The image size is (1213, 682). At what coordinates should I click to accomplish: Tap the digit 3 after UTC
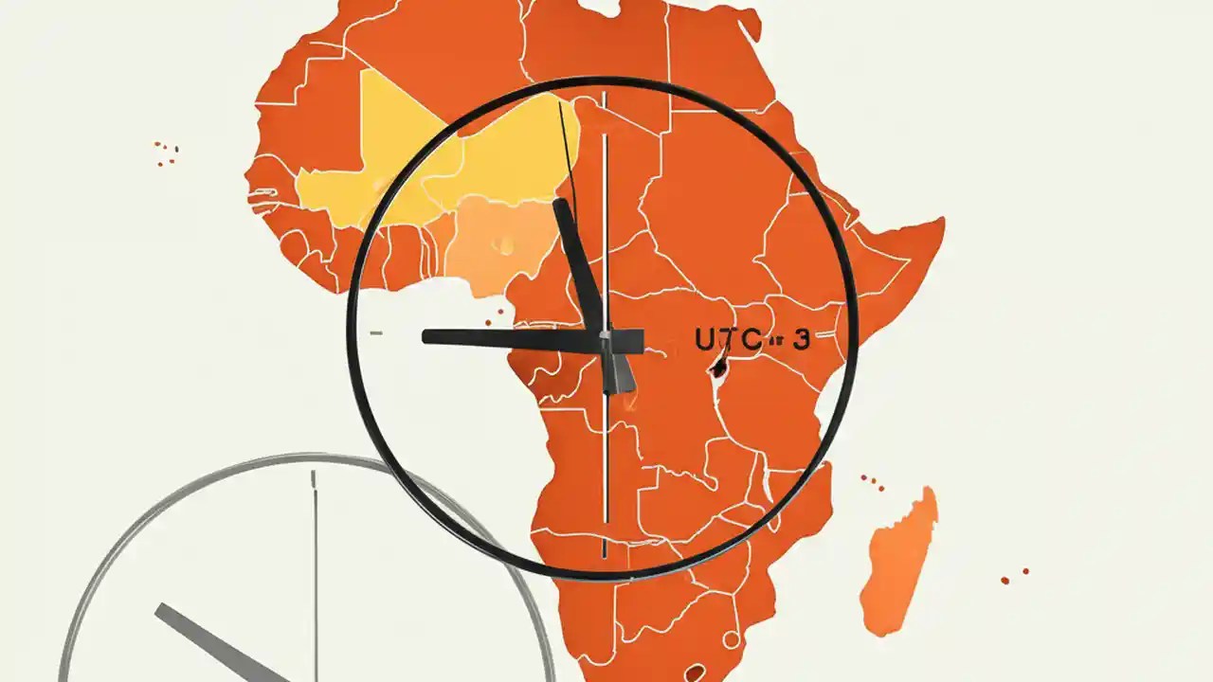pos(801,340)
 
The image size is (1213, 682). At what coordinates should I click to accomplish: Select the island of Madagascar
pos(898,559)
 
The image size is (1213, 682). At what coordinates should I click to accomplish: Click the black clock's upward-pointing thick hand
pos(578,265)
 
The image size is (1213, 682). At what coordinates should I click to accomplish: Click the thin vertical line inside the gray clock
pos(315,568)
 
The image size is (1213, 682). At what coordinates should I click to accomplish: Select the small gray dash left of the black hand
pos(376,333)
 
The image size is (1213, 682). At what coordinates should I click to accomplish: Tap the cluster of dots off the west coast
pos(167,153)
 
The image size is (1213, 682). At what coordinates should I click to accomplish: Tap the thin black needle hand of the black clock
pos(568,152)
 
